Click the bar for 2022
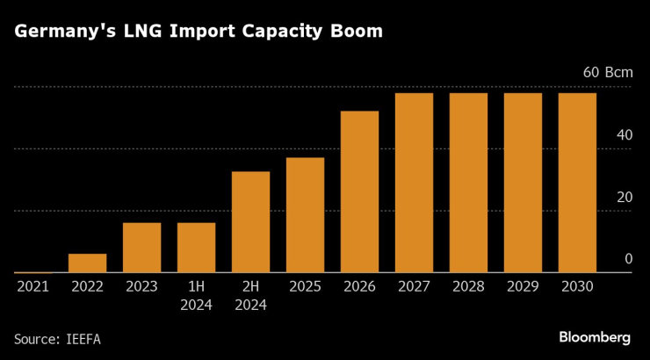coord(87,263)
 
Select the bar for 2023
coord(141,248)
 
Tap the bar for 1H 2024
coord(196,248)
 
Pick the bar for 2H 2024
coord(250,222)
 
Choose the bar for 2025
coord(305,215)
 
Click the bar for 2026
coord(359,191)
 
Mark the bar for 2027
coord(414,183)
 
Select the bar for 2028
coord(468,183)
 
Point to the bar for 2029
coord(523,183)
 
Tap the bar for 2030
coord(577,183)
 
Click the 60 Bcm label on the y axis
coord(608,73)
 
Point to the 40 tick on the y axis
coord(624,135)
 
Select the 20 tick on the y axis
coord(624,197)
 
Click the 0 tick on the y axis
coord(628,259)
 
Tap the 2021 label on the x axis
coord(32,287)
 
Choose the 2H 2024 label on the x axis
coord(250,296)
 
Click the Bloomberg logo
coord(595,337)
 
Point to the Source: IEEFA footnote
coord(57,338)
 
